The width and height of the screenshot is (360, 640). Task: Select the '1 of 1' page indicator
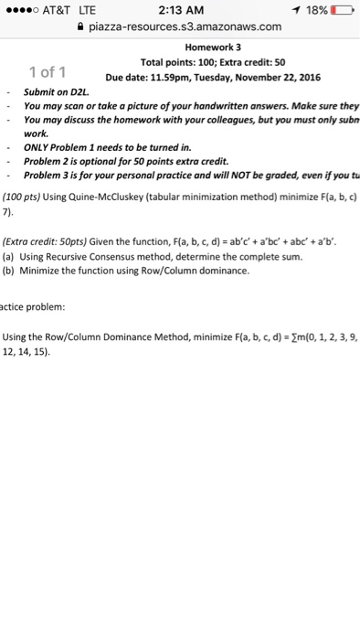point(45,71)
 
